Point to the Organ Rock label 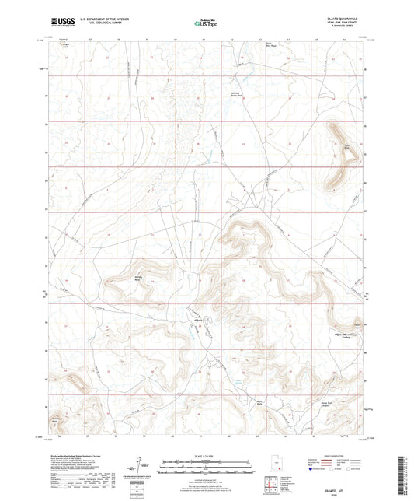(65, 45)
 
